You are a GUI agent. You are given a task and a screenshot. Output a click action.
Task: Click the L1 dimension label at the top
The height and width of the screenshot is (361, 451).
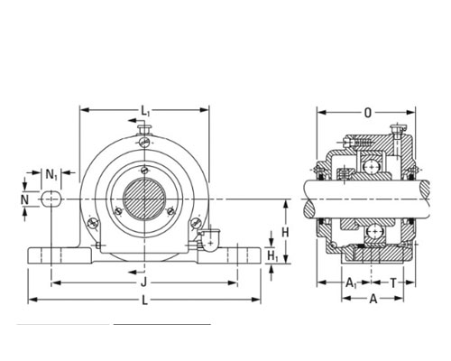click(145, 111)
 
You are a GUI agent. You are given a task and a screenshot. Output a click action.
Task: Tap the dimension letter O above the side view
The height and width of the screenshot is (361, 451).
click(368, 113)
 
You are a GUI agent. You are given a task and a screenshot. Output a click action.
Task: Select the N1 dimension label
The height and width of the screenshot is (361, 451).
click(51, 174)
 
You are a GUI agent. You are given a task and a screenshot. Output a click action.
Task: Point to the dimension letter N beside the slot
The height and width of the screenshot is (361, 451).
click(24, 199)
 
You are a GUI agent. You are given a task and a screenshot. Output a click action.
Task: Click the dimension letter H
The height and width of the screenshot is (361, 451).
click(285, 232)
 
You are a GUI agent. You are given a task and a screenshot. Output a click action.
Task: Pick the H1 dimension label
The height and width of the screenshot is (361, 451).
click(272, 255)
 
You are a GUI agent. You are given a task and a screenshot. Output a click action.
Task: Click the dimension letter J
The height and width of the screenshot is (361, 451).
click(144, 282)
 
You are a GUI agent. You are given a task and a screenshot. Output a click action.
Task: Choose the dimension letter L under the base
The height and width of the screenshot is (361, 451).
click(144, 300)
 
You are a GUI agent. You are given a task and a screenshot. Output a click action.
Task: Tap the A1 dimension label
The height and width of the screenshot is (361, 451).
click(351, 283)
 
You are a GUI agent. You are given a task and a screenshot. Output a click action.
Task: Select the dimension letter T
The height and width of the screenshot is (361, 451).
click(393, 282)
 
